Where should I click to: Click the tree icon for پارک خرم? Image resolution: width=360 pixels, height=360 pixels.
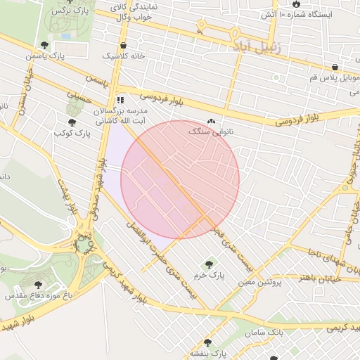tap(208, 264)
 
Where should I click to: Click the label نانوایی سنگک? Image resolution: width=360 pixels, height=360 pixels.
tap(211, 131)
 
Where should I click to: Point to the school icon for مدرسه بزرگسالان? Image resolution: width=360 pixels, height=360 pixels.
tap(121, 100)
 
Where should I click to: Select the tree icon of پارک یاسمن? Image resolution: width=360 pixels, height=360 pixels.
tap(44, 45)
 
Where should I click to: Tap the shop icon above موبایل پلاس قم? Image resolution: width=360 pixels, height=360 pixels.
tap(335, 67)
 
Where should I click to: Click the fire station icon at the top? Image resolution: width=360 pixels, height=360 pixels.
tap(297, 4)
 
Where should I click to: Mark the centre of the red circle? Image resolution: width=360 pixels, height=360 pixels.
tap(180, 179)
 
